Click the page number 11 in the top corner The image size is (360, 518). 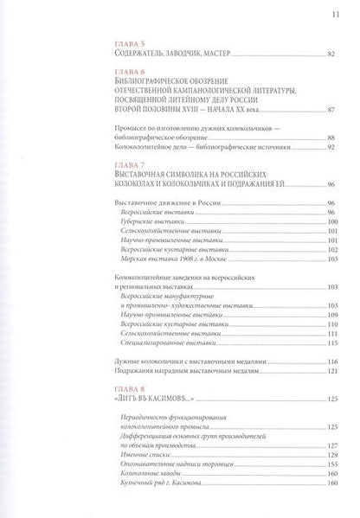pos(323,13)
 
